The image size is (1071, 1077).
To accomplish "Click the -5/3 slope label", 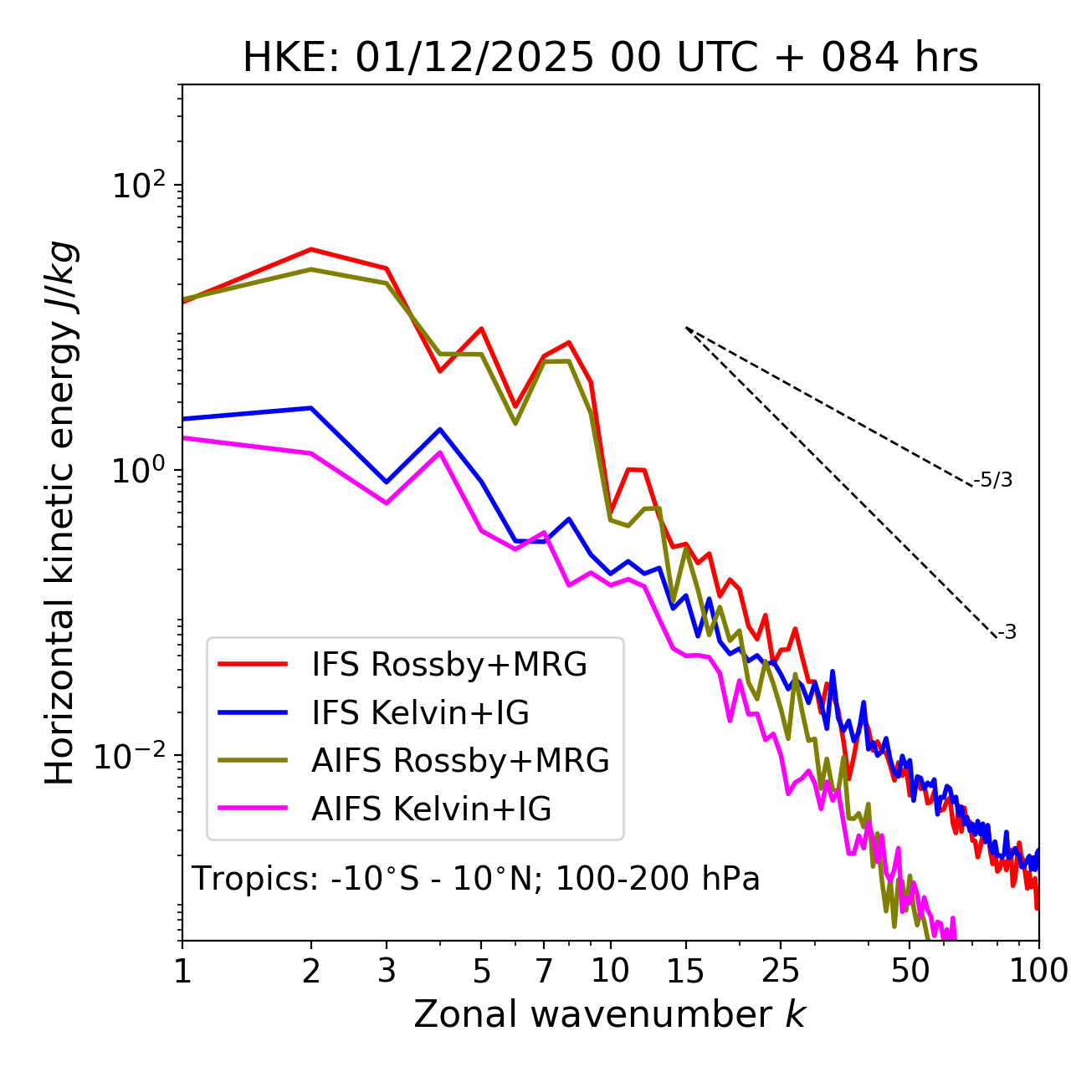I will [993, 480].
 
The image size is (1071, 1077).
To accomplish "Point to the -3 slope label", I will [1007, 633].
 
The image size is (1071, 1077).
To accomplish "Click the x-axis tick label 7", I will [544, 971].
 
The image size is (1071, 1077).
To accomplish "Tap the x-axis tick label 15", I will [685, 971].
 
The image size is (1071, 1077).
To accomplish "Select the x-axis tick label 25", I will [781, 971].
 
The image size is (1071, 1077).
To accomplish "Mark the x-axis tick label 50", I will [910, 971].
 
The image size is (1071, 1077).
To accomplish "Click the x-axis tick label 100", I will [1038, 971].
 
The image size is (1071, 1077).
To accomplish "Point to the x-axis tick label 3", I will [387, 971].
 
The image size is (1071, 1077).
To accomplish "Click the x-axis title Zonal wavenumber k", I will [610, 1014].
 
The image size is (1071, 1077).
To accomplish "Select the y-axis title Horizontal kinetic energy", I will [60, 513].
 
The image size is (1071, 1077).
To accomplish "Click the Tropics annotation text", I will [476, 879].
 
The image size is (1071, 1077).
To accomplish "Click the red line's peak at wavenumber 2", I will [311, 249].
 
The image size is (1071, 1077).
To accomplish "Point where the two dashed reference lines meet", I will [686, 328].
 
